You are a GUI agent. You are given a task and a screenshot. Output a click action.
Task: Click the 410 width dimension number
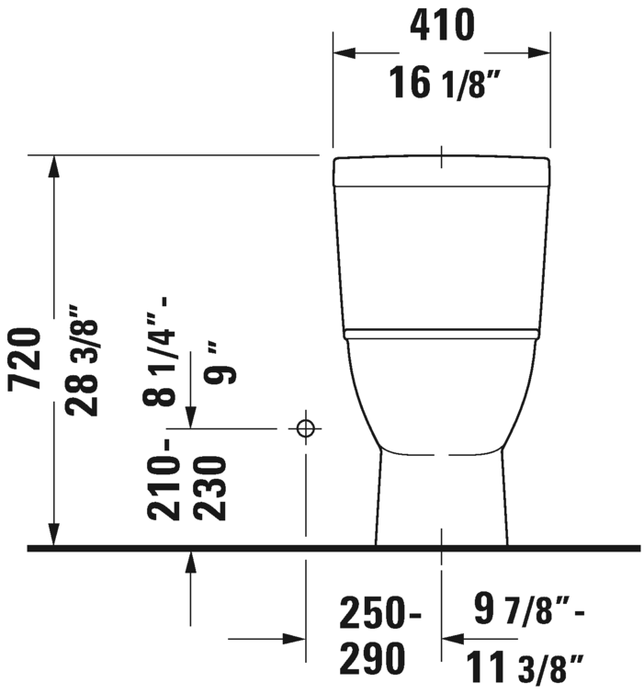pyautogui.click(x=441, y=26)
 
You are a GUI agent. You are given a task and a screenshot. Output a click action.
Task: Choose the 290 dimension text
pyautogui.click(x=372, y=659)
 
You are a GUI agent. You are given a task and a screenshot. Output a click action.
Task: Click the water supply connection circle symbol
pyautogui.click(x=305, y=428)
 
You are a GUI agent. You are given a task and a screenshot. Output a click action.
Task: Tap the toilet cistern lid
pyautogui.click(x=441, y=171)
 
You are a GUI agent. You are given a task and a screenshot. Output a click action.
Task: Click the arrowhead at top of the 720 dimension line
pyautogui.click(x=55, y=166)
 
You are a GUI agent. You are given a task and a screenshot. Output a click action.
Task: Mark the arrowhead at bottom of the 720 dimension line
pyautogui.click(x=55, y=535)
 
